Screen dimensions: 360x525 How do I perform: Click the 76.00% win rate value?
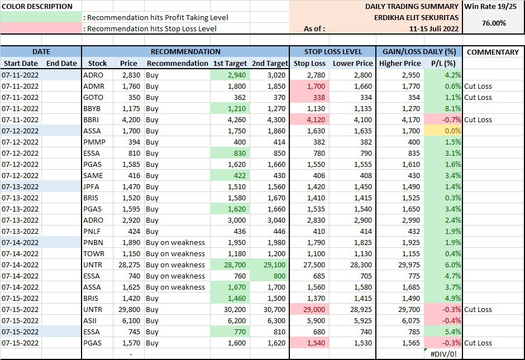pos(494,23)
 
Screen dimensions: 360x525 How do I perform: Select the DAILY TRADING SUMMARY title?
pos(412,7)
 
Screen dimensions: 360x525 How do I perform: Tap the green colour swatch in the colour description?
pos(41,17)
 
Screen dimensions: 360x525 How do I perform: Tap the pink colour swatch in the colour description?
pos(41,28)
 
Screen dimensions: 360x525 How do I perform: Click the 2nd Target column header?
pos(270,64)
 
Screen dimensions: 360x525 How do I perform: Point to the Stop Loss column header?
pos(309,64)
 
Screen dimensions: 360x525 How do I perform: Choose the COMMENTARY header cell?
pos(493,52)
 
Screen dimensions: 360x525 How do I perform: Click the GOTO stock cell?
pos(93,97)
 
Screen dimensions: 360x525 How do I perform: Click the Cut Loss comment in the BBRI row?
pos(478,119)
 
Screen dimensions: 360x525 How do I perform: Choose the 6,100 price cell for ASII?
pos(130,320)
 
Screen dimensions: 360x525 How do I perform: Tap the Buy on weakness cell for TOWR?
pos(175,253)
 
